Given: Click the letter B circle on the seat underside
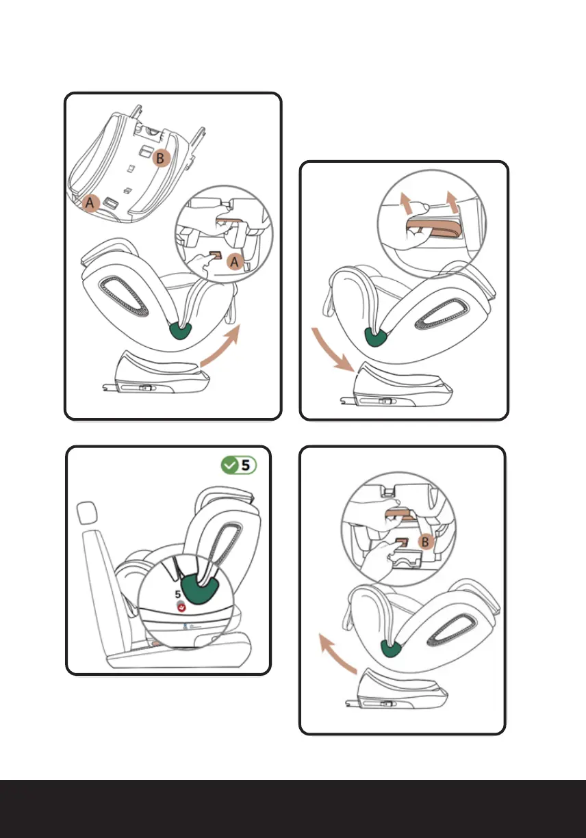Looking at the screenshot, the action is (161, 158).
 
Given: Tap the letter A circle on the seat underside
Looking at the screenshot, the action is (90, 203).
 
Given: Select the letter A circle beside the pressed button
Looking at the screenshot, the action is (234, 261).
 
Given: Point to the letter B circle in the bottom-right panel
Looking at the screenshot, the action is (425, 542).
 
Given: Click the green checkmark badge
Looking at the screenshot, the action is (229, 465).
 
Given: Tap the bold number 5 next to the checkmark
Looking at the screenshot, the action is (245, 465).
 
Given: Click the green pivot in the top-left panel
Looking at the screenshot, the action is (181, 330).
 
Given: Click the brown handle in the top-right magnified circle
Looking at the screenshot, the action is (434, 228).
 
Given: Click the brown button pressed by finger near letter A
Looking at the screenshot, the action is (216, 255).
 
